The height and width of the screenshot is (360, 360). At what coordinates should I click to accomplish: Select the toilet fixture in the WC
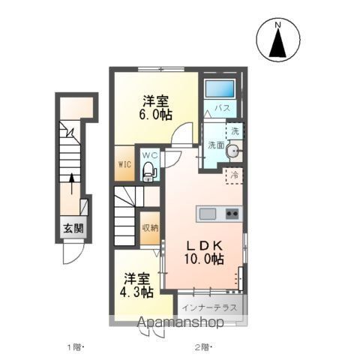coord(149,171)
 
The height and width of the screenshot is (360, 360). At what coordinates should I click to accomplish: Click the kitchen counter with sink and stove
coord(219,214)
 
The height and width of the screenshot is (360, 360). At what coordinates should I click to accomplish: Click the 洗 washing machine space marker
coord(235,130)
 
